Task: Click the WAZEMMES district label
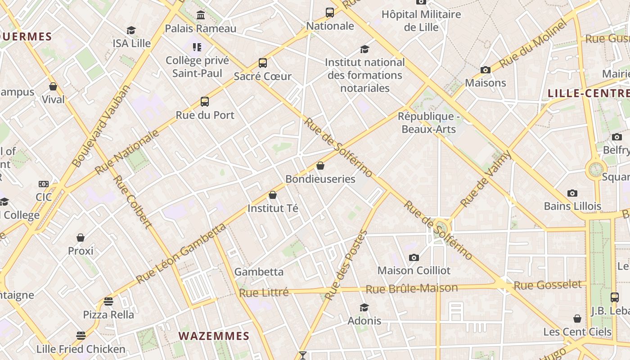[214, 336]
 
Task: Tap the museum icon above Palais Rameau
[201, 15]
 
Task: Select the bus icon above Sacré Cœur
[262, 63]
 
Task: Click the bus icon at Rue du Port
[205, 102]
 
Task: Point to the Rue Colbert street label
[131, 202]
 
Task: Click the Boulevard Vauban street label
[101, 126]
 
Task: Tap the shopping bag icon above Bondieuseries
[320, 166]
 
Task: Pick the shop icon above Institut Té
[272, 195]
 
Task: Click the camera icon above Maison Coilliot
[414, 257]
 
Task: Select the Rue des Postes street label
[346, 265]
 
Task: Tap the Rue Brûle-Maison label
[412, 288]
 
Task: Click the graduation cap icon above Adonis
[364, 307]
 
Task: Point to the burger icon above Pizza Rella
[108, 301]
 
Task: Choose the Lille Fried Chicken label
[81, 349]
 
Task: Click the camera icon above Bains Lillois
[572, 193]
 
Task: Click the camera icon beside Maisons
[485, 70]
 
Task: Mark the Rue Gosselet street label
[548, 285]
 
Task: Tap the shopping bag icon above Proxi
[81, 237]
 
